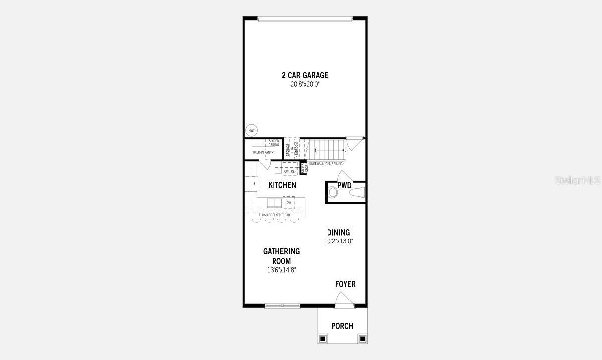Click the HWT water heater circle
click(x=251, y=130)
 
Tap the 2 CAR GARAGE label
click(x=305, y=75)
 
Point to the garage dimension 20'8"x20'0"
click(x=305, y=84)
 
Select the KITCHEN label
click(x=282, y=185)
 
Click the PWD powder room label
click(x=344, y=186)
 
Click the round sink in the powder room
click(x=333, y=192)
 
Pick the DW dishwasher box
click(x=289, y=203)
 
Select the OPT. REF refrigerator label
click(x=290, y=171)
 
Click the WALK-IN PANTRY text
click(x=264, y=152)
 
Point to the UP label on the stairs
click(x=346, y=149)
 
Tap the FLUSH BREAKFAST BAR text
click(x=274, y=215)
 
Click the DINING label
click(x=338, y=232)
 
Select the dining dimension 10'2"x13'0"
click(x=338, y=241)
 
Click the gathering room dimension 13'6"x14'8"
click(x=281, y=270)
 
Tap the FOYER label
click(x=345, y=284)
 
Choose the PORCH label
click(x=342, y=326)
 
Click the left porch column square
click(x=323, y=338)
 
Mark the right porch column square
click(x=362, y=338)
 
